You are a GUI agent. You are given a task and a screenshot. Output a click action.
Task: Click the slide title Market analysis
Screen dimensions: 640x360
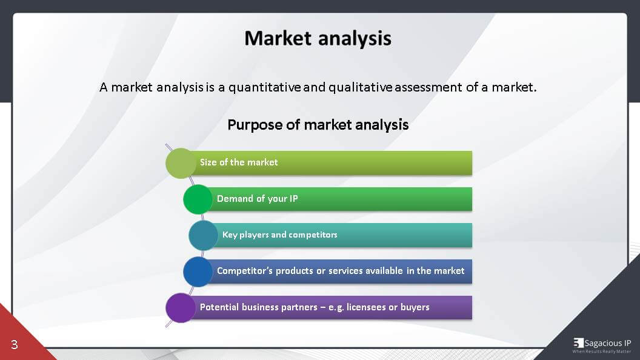[x=318, y=39]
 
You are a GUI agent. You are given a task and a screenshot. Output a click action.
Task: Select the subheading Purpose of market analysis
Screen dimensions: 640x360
[x=318, y=125]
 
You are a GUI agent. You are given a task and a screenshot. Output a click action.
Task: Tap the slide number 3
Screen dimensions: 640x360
[x=15, y=345]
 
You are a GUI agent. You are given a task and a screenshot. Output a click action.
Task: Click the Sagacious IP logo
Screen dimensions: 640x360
[x=602, y=345]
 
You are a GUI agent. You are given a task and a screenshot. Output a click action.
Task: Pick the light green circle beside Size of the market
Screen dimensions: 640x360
[x=181, y=163]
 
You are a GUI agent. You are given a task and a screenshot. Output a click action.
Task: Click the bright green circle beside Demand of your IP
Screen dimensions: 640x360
[x=198, y=199]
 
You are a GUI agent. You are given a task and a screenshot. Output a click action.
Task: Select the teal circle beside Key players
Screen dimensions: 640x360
[x=203, y=236]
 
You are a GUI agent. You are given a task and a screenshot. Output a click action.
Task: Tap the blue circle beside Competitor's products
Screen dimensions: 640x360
[x=198, y=272]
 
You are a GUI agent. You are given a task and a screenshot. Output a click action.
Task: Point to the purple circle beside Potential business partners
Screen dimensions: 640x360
[x=181, y=308]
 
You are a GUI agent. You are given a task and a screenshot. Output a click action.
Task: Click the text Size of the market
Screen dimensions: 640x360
[x=239, y=162]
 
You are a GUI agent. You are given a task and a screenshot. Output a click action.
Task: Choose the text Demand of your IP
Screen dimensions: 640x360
[x=257, y=199]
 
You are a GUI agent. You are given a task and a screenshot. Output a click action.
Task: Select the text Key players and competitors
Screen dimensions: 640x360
[x=279, y=235]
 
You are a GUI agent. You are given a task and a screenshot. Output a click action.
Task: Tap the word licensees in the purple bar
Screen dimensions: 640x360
[x=365, y=307]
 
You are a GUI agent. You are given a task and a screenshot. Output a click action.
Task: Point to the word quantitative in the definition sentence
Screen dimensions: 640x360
[x=264, y=87]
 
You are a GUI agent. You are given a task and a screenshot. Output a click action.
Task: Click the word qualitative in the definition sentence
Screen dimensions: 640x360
[x=361, y=87]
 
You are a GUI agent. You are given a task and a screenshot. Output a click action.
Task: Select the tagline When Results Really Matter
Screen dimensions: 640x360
[x=602, y=352]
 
